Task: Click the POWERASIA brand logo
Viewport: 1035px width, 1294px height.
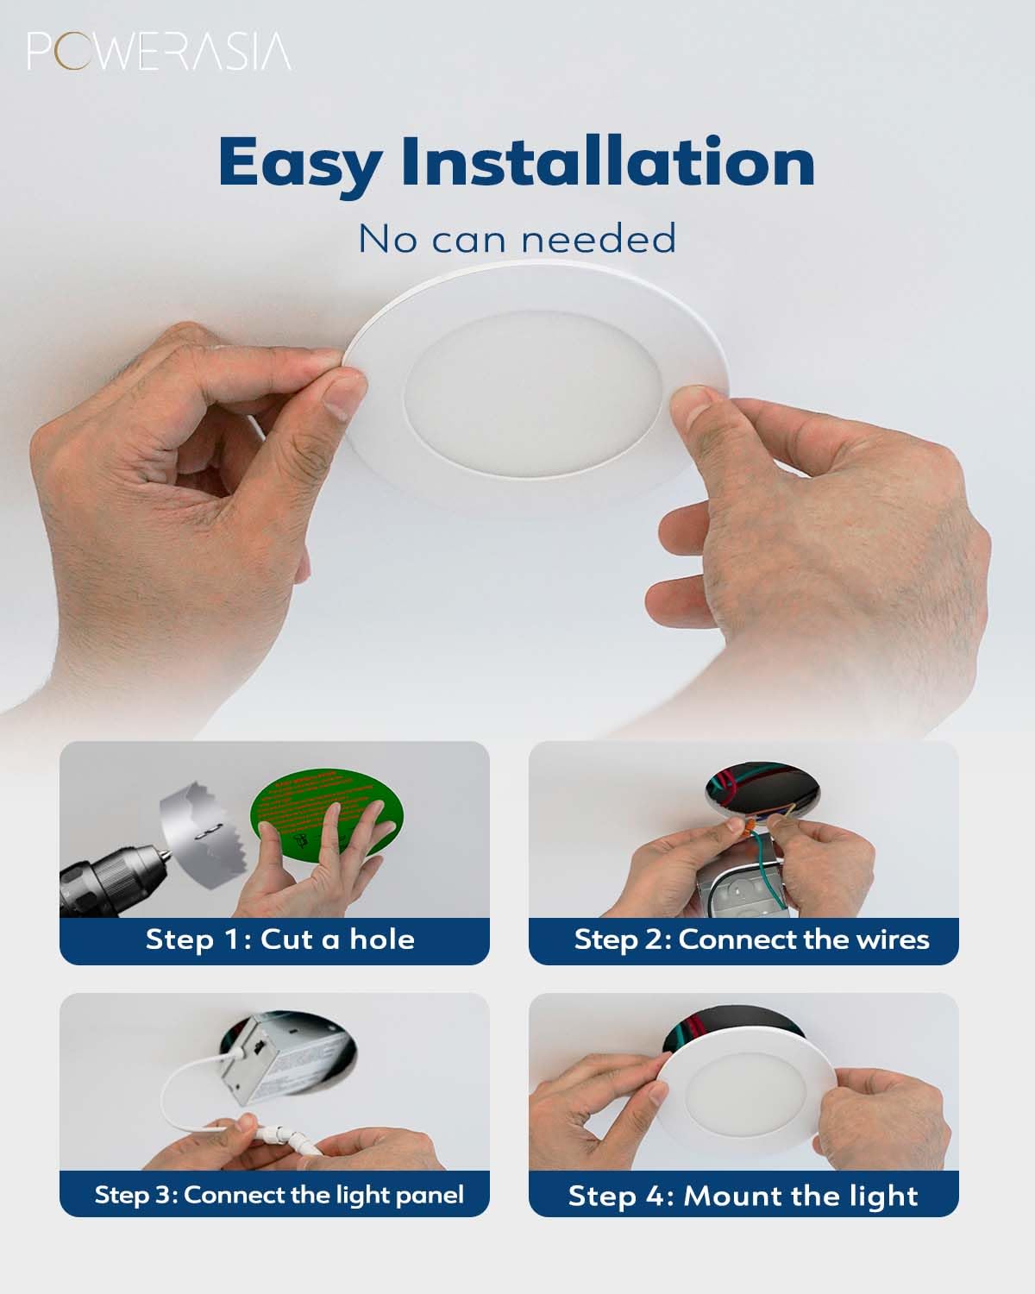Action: point(159,52)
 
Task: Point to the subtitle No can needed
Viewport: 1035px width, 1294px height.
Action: point(517,239)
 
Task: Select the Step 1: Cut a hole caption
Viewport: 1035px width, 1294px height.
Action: point(279,939)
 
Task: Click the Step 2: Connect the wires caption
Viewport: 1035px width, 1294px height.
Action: point(751,939)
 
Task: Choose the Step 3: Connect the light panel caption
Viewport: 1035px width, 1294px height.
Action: point(279,1195)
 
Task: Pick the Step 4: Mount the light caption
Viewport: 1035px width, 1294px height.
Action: point(743,1197)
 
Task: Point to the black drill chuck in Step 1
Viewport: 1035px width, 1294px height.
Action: point(112,876)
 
